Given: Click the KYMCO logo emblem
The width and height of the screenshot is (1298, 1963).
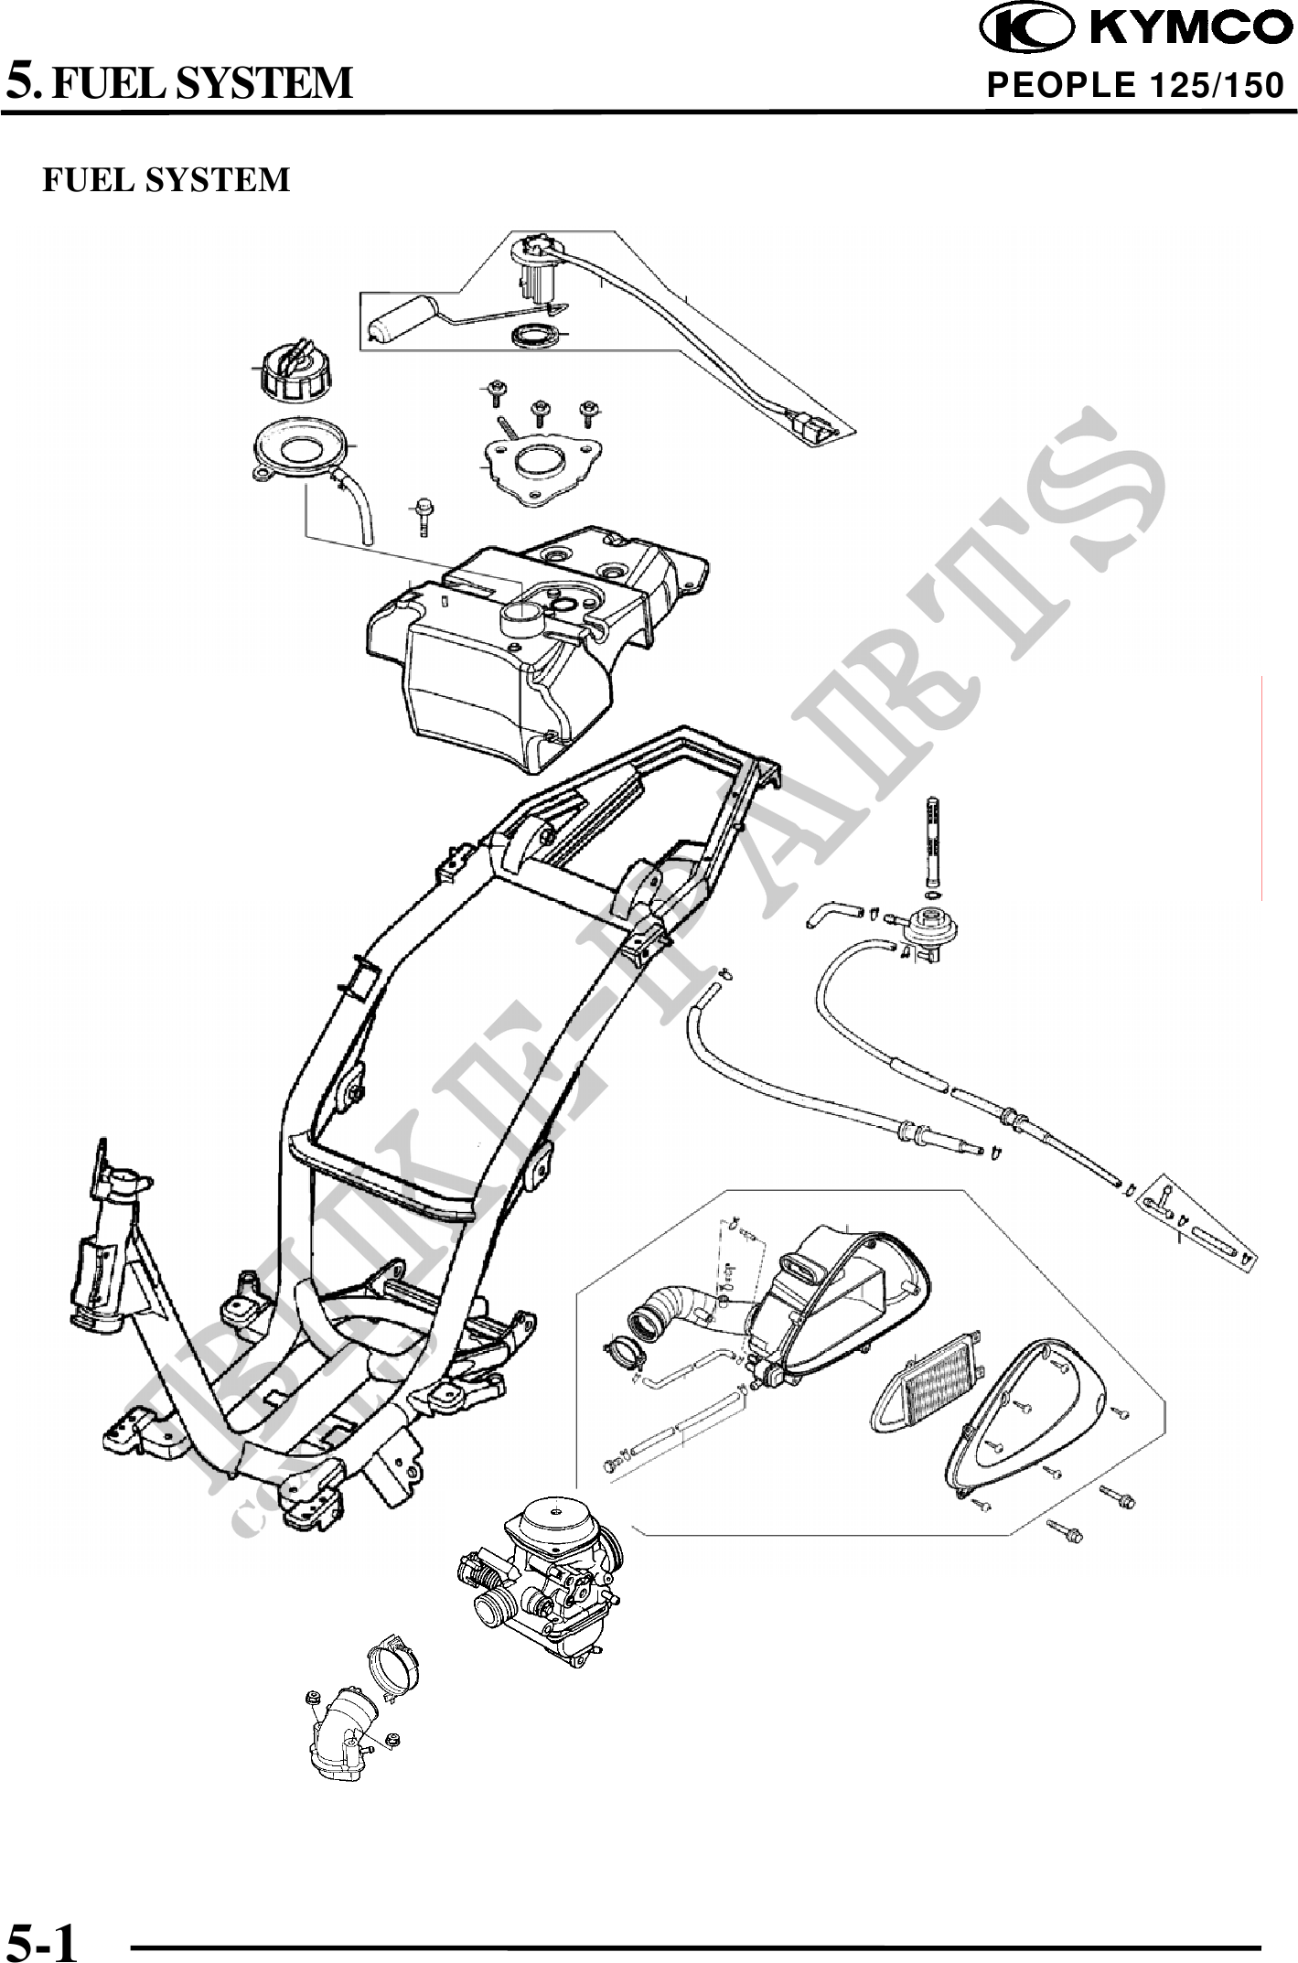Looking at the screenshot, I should point(1026,28).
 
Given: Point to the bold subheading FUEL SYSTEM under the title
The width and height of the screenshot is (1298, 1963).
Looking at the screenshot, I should point(166,179).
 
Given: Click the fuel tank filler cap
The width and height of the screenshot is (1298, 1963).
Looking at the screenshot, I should point(292,370).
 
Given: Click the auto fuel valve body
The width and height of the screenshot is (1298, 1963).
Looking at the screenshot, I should point(932,932).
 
